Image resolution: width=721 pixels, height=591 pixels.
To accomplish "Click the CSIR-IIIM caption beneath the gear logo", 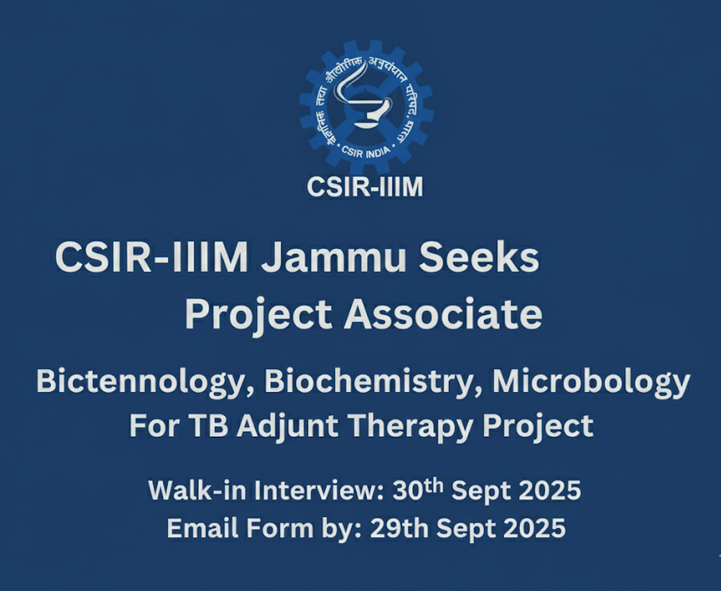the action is pos(364,187).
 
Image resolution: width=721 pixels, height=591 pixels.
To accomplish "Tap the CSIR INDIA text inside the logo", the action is pos(366,152).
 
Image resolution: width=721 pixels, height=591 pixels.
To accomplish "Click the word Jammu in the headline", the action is pos(333,258).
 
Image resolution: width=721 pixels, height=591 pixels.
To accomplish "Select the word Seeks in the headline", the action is pos(478,258).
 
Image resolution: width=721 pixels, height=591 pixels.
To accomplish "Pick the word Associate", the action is pos(443,314).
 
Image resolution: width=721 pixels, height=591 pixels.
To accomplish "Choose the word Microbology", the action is pos(591,383).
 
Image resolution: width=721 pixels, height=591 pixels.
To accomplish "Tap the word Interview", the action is pos(319,490).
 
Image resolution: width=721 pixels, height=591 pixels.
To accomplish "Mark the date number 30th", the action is pos(418,489).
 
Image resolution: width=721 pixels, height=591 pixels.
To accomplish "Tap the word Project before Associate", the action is pos(259,316).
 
